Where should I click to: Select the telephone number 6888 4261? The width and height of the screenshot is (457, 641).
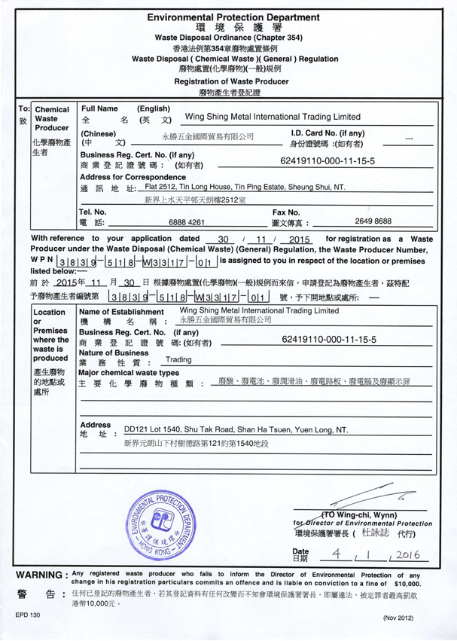[187, 223]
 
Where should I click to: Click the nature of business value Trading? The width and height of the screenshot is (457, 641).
[178, 360]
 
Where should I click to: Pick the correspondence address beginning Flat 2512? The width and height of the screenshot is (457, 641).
[244, 187]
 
